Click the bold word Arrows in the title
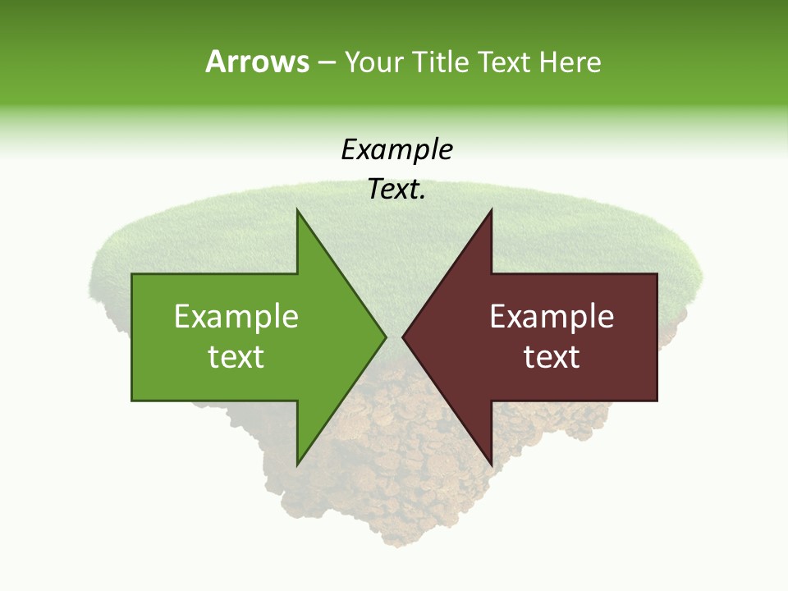(x=256, y=62)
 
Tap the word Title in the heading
(x=442, y=62)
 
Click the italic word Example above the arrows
(x=396, y=150)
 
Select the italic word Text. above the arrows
(x=396, y=190)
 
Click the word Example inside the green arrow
(x=236, y=317)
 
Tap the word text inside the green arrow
(x=236, y=356)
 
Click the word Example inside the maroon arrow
(x=552, y=317)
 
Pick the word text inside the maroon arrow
(x=552, y=356)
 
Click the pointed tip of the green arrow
(x=386, y=337)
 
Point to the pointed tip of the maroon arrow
(x=402, y=337)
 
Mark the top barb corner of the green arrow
(x=297, y=209)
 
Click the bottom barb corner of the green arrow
(x=297, y=465)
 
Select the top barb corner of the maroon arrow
(x=491, y=209)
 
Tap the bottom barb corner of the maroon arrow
(x=491, y=465)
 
